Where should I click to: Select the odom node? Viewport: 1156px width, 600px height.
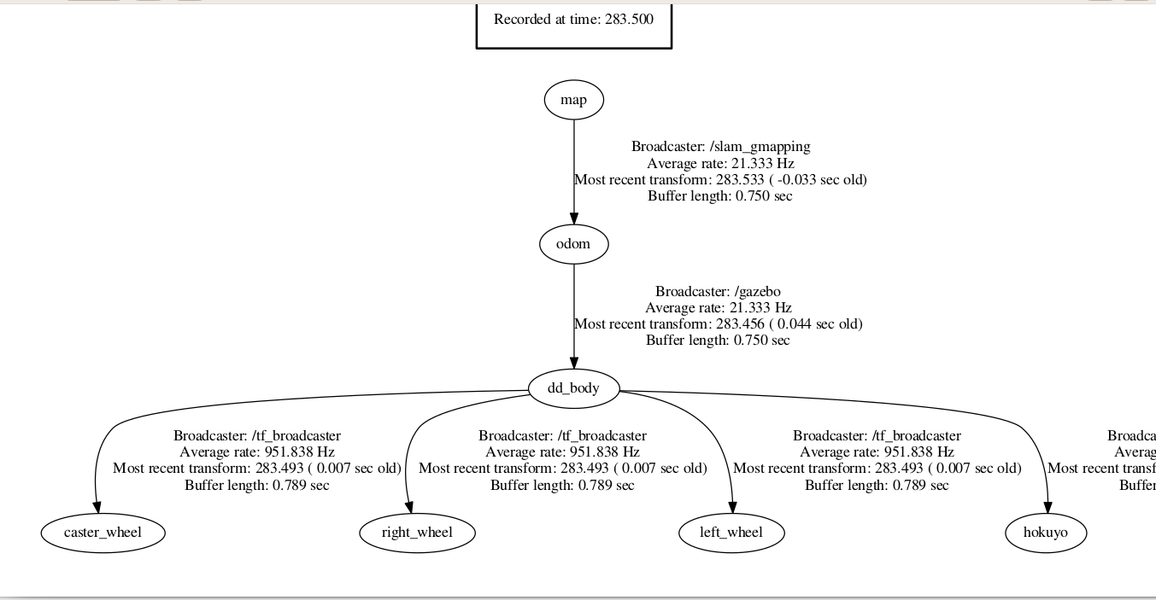(x=573, y=244)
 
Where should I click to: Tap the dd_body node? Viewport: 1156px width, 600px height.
(x=573, y=388)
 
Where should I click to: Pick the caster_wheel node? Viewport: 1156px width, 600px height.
(x=103, y=533)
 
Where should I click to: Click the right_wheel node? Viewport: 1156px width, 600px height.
(x=416, y=533)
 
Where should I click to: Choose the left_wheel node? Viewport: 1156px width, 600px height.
(x=731, y=533)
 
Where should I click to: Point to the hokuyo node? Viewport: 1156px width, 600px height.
(x=1047, y=533)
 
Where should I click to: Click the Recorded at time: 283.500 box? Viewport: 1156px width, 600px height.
(x=573, y=20)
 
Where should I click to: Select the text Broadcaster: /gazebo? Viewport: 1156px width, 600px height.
(x=718, y=292)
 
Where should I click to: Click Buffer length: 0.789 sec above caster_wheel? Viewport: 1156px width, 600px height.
(x=256, y=485)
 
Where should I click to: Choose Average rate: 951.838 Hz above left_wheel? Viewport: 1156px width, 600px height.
(x=877, y=452)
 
